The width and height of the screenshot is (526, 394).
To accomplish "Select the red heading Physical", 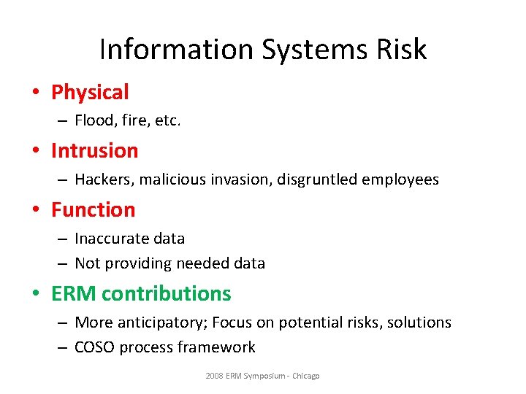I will (x=90, y=93).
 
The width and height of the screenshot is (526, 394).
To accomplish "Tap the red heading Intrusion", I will (x=94, y=151).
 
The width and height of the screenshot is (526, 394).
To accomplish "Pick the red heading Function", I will (x=93, y=210).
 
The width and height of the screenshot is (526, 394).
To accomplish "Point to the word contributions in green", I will (x=167, y=293).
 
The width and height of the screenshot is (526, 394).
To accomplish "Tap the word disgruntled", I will (x=317, y=179).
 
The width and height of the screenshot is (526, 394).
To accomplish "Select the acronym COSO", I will (x=94, y=347).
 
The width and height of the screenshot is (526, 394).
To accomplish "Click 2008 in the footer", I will (x=215, y=376).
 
